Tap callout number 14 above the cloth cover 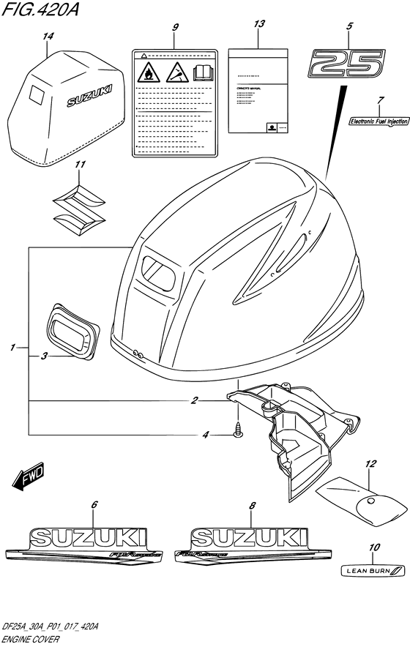[48, 36]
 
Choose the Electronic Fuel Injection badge [379, 121]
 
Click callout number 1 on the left [14, 348]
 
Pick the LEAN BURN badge [373, 570]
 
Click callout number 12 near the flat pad [370, 464]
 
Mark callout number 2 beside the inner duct [195, 400]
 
